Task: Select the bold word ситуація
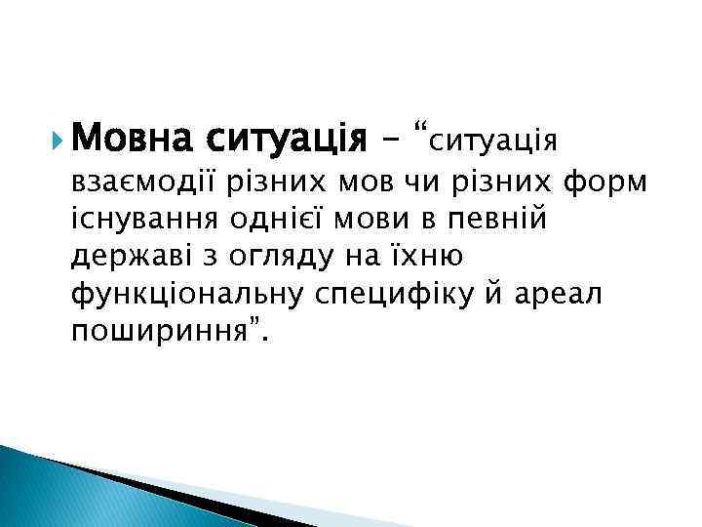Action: (x=283, y=138)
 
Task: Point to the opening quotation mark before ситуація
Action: (x=420, y=130)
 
